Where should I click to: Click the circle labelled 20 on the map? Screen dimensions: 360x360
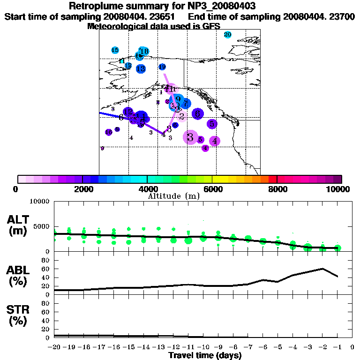click(x=228, y=35)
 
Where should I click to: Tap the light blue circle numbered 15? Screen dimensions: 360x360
click(x=115, y=50)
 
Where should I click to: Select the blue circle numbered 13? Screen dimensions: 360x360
click(x=141, y=69)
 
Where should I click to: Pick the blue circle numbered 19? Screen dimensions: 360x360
click(x=162, y=67)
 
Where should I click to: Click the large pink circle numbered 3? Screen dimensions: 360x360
click(x=190, y=137)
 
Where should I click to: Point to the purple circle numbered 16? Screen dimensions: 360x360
click(x=108, y=132)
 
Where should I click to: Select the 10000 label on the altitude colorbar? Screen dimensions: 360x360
click(x=338, y=189)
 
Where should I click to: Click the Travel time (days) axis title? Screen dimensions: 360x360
click(x=205, y=355)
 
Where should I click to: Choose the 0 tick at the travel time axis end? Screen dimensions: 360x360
click(x=352, y=347)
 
